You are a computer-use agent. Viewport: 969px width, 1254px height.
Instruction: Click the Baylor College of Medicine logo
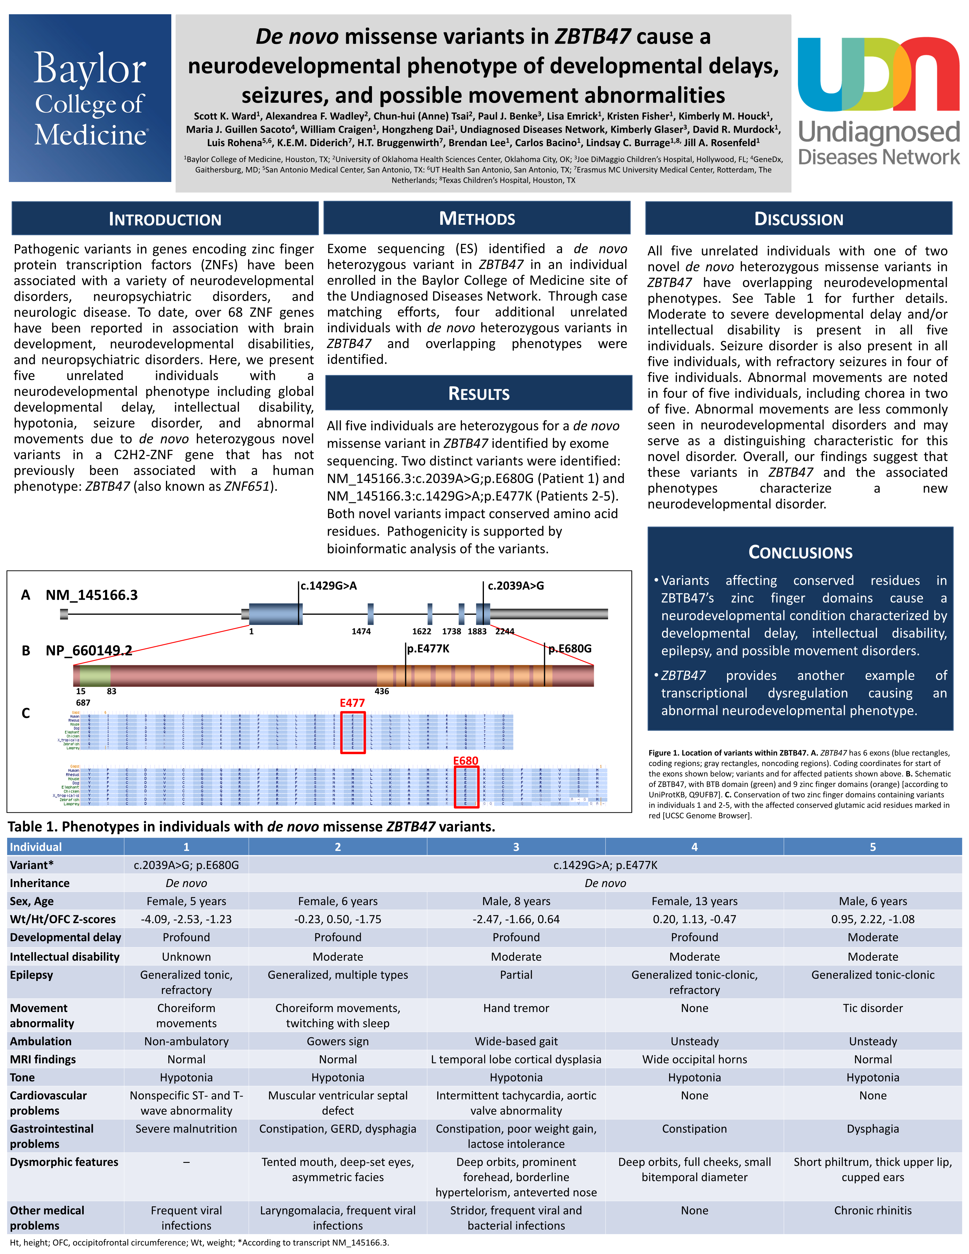[x=90, y=98]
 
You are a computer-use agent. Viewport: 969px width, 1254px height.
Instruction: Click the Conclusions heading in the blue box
[x=800, y=552]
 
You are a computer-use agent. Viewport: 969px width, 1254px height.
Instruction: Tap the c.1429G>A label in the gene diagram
[x=329, y=586]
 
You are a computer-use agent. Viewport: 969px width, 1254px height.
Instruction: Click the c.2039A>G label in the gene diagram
[x=515, y=586]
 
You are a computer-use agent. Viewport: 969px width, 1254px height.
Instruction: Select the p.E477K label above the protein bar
[x=428, y=649]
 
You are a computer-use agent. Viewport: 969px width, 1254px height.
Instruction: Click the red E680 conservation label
[x=465, y=761]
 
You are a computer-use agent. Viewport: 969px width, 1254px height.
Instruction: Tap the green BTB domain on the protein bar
[x=95, y=676]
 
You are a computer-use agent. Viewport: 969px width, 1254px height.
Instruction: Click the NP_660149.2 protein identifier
[x=89, y=650]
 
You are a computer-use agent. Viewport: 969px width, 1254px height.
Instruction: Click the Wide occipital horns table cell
[x=695, y=1059]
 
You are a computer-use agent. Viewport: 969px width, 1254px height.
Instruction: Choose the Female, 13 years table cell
[x=695, y=901]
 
